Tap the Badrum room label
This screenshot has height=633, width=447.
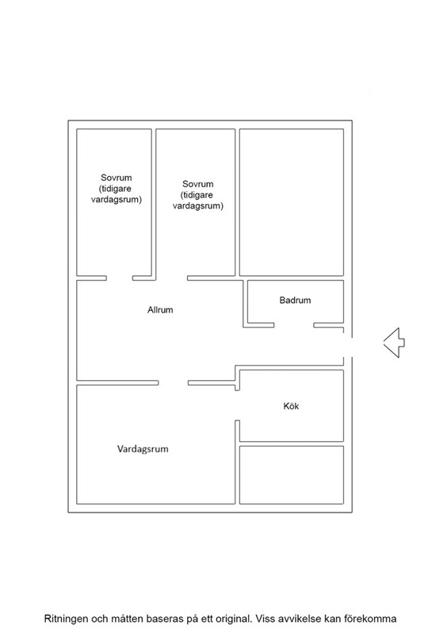click(x=295, y=300)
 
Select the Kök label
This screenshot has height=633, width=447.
click(x=291, y=406)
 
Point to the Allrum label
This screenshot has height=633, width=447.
click(x=160, y=309)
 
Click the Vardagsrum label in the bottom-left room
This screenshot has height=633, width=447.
click(x=143, y=449)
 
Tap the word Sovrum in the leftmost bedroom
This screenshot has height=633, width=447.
click(x=117, y=178)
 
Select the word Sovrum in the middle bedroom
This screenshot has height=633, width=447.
click(x=197, y=184)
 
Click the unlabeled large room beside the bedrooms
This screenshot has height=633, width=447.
click(x=292, y=202)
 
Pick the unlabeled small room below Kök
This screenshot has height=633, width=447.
click(x=292, y=474)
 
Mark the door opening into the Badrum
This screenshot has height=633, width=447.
click(x=294, y=325)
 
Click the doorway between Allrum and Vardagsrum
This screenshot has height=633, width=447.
click(x=173, y=382)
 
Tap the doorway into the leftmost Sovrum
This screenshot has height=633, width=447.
click(x=120, y=278)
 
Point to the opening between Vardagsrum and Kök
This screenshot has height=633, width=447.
click(x=237, y=405)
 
